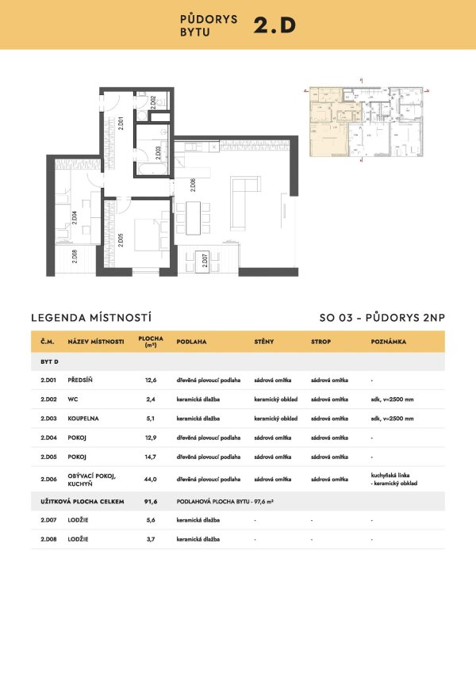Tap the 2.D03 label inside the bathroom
[x=159, y=151]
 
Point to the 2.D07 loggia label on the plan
[x=205, y=261]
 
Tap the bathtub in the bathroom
[x=152, y=169]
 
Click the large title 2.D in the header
[x=274, y=25]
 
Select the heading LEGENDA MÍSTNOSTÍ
[x=82, y=317]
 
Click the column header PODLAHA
[x=191, y=342]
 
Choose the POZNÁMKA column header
[x=389, y=342]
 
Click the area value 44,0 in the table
[x=149, y=479]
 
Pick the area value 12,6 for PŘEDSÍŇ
[x=149, y=380]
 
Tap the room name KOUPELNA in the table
[x=84, y=419]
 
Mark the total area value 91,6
[x=149, y=501]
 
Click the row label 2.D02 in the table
[x=48, y=400]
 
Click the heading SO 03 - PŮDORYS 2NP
[x=382, y=317]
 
